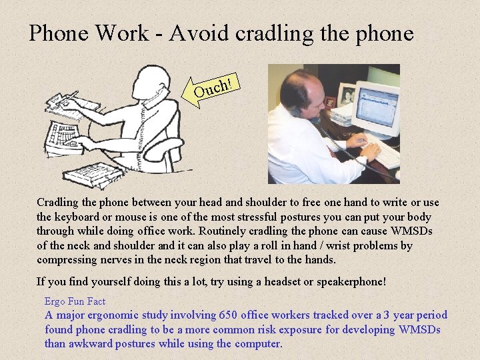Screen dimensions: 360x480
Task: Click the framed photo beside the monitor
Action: point(345,96)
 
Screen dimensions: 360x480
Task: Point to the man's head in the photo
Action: point(303,93)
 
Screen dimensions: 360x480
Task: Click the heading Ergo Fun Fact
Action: point(75,301)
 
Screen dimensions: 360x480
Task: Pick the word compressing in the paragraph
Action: point(67,260)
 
